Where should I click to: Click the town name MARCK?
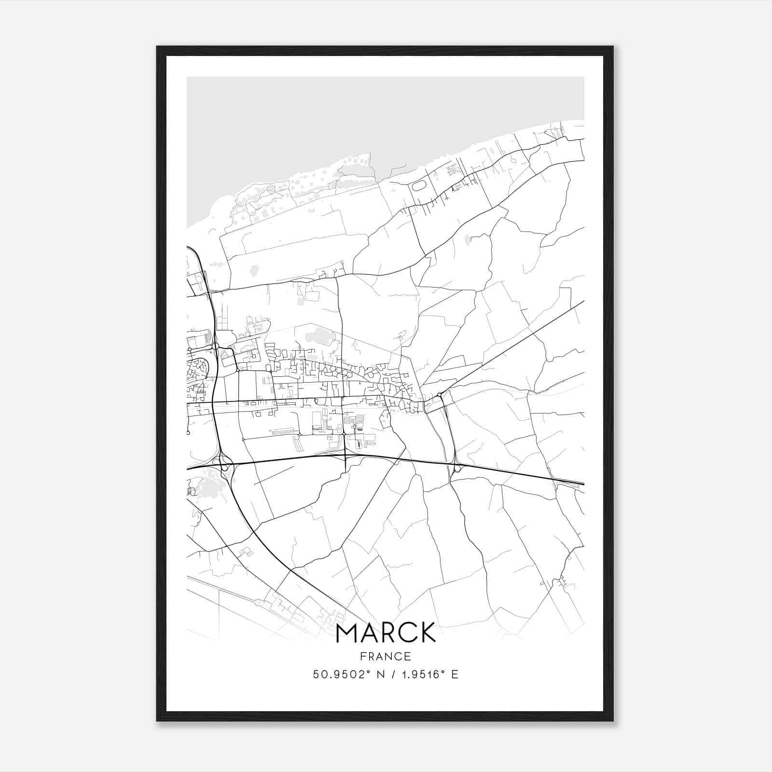(386, 633)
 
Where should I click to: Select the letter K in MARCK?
(427, 633)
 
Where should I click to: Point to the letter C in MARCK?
(404, 633)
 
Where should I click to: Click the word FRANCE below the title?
(386, 657)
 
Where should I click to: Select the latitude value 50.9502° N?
(347, 675)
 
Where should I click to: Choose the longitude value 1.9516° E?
(427, 675)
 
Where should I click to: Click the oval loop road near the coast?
(418, 185)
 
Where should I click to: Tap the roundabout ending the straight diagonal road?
(439, 396)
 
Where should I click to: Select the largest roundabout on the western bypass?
(215, 346)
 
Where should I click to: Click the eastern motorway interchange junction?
(456, 467)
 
